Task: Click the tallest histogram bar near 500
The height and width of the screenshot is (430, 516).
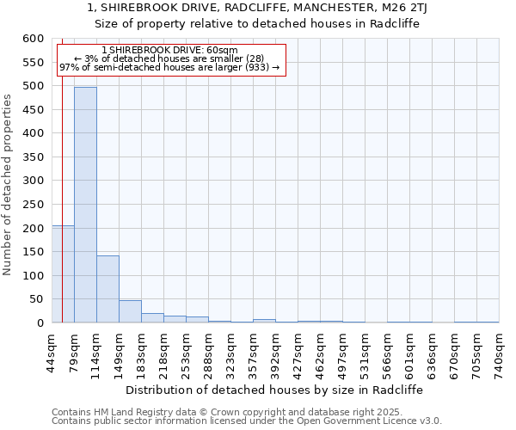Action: [x=85, y=205]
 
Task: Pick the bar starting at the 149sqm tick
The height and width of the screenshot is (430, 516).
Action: [x=130, y=311]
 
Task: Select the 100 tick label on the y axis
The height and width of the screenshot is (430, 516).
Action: [x=32, y=276]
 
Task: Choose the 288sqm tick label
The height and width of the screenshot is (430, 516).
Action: [x=208, y=351]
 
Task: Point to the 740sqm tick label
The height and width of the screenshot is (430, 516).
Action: [x=499, y=351]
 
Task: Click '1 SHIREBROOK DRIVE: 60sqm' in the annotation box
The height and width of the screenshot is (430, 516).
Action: [x=169, y=51]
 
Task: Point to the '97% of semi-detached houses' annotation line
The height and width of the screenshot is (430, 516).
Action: [x=169, y=67]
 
